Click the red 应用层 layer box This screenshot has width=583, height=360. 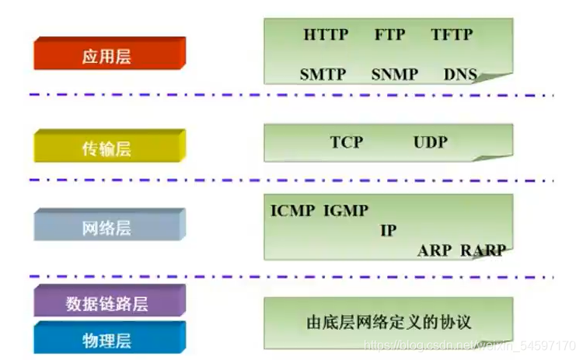click(107, 57)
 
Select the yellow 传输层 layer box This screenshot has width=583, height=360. click(107, 149)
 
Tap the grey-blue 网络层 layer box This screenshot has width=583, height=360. click(107, 228)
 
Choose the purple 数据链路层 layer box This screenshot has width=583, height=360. click(107, 303)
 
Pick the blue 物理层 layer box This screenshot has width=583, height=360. click(107, 339)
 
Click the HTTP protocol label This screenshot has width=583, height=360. click(326, 35)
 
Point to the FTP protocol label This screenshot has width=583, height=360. click(389, 35)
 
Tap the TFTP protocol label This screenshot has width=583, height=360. click(452, 35)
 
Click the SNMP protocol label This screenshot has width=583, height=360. click(394, 75)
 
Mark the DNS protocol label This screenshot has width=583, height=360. click(460, 75)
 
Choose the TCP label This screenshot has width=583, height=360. click(347, 142)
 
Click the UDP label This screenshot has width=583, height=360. click(431, 142)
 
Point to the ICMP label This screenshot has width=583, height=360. click(293, 210)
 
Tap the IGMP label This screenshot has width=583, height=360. click(346, 210)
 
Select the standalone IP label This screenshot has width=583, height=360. click(389, 231)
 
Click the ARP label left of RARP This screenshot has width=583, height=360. click(434, 250)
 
